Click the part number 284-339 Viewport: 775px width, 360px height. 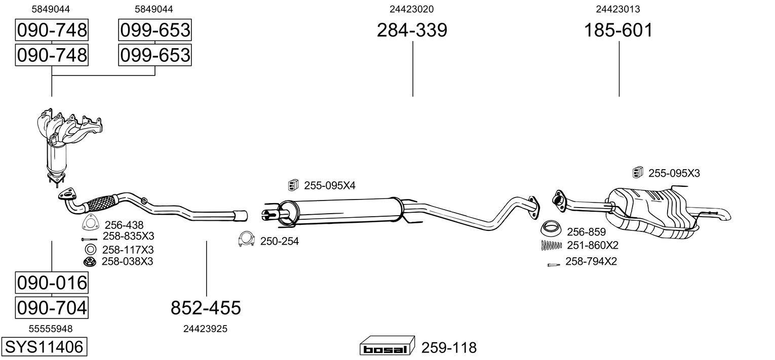(x=412, y=30)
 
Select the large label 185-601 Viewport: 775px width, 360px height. (x=618, y=30)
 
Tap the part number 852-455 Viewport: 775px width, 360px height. (x=206, y=307)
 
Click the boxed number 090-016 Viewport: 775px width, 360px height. (x=52, y=282)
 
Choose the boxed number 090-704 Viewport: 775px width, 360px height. (x=52, y=307)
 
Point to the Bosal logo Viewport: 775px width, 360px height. (x=386, y=348)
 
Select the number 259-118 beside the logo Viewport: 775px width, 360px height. (x=449, y=348)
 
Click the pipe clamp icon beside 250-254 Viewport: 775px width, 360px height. (x=246, y=239)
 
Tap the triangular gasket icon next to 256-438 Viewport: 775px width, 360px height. (x=90, y=224)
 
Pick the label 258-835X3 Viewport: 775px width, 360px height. (x=128, y=236)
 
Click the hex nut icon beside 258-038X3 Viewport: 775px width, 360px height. (x=90, y=261)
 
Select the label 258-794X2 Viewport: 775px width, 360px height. (x=591, y=262)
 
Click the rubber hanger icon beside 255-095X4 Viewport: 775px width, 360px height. (x=292, y=185)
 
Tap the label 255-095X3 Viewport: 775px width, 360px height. (x=674, y=173)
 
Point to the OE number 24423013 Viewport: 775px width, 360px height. (x=618, y=9)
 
